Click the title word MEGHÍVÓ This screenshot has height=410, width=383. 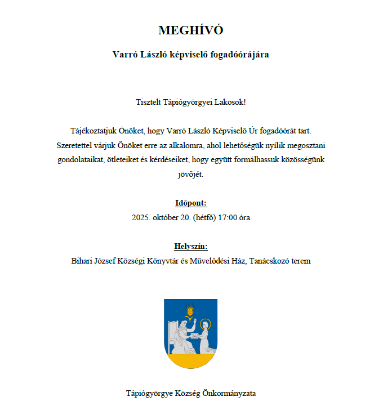191,30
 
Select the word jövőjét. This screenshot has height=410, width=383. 190,175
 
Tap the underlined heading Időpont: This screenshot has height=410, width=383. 191,203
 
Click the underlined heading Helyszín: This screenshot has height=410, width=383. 191,246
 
